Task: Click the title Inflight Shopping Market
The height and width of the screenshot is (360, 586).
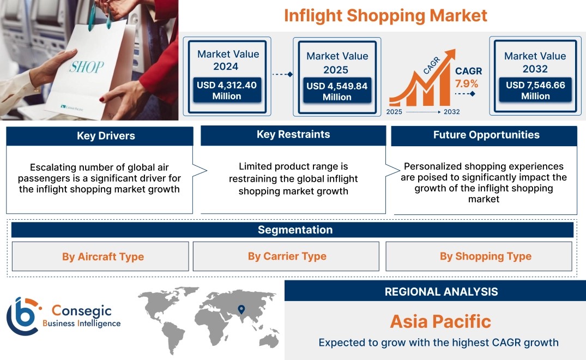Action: pyautogui.click(x=385, y=16)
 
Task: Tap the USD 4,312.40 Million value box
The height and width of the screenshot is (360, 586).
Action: pyautogui.click(x=227, y=90)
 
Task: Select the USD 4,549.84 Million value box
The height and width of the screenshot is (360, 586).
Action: pyautogui.click(x=337, y=91)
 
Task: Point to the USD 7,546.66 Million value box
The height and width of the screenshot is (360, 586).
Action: pyautogui.click(x=535, y=90)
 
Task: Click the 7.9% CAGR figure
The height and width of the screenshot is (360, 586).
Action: pyautogui.click(x=467, y=83)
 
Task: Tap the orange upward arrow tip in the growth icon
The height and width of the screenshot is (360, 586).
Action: pyautogui.click(x=455, y=50)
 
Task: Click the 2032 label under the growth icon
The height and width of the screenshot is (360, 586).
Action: pyautogui.click(x=451, y=112)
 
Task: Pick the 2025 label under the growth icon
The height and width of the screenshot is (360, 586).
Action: pyautogui.click(x=394, y=112)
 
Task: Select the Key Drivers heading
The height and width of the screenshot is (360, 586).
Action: pyautogui.click(x=106, y=136)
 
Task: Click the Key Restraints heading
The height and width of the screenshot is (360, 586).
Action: pyautogui.click(x=293, y=135)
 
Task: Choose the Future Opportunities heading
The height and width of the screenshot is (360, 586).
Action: pyautogui.click(x=486, y=135)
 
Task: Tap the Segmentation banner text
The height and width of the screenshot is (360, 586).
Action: pyautogui.click(x=295, y=230)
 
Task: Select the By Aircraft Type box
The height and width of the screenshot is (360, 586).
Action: pyautogui.click(x=100, y=256)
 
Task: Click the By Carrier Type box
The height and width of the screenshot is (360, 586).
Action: pyautogui.click(x=286, y=256)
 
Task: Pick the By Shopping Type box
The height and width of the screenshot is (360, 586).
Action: pyautogui.click(x=479, y=256)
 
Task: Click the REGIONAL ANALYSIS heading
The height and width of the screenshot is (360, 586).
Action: pyautogui.click(x=442, y=292)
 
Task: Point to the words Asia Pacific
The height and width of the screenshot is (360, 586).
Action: pyautogui.click(x=440, y=321)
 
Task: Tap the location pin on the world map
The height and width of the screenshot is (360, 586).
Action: pyautogui.click(x=241, y=309)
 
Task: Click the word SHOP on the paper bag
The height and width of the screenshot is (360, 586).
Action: pyautogui.click(x=87, y=67)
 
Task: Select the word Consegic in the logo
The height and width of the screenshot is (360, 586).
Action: pyautogui.click(x=81, y=311)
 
